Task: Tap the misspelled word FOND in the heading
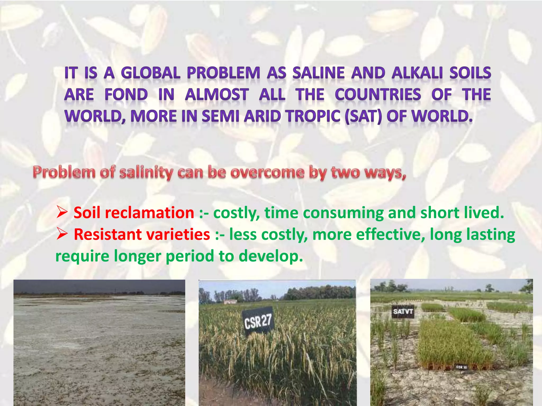(x=126, y=95)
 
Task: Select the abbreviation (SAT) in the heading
(x=364, y=116)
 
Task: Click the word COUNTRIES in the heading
(x=378, y=95)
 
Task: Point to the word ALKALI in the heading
(x=417, y=73)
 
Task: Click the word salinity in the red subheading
(x=146, y=173)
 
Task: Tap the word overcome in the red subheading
(x=267, y=173)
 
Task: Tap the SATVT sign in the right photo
(x=403, y=312)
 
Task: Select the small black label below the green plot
(x=461, y=367)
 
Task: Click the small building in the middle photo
(x=230, y=302)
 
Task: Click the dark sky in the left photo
(x=99, y=286)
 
